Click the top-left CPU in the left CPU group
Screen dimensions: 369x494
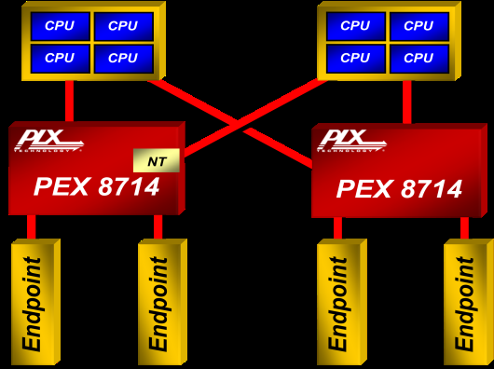pos(60,26)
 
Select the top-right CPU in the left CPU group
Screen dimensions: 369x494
pos(122,26)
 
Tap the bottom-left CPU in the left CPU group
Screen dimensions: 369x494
pos(60,58)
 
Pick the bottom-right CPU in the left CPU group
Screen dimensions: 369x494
pos(122,58)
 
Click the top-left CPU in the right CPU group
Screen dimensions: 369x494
pos(355,26)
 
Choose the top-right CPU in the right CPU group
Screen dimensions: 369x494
pos(419,26)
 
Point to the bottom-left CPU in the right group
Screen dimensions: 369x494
pos(355,58)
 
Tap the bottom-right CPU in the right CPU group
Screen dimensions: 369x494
pos(419,58)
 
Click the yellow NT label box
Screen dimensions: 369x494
pos(157,161)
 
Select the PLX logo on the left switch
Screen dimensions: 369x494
pos(48,141)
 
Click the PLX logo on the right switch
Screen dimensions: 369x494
pos(351,141)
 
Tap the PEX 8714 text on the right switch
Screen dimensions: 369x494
pos(399,189)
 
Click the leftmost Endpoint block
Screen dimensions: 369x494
pos(34,304)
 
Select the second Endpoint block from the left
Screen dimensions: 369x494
pos(159,304)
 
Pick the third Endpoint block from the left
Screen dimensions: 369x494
pos(339,304)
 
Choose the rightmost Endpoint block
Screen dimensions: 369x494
pos(465,304)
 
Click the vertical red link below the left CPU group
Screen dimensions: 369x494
pos(69,101)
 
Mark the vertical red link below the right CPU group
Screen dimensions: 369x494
pos(406,102)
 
